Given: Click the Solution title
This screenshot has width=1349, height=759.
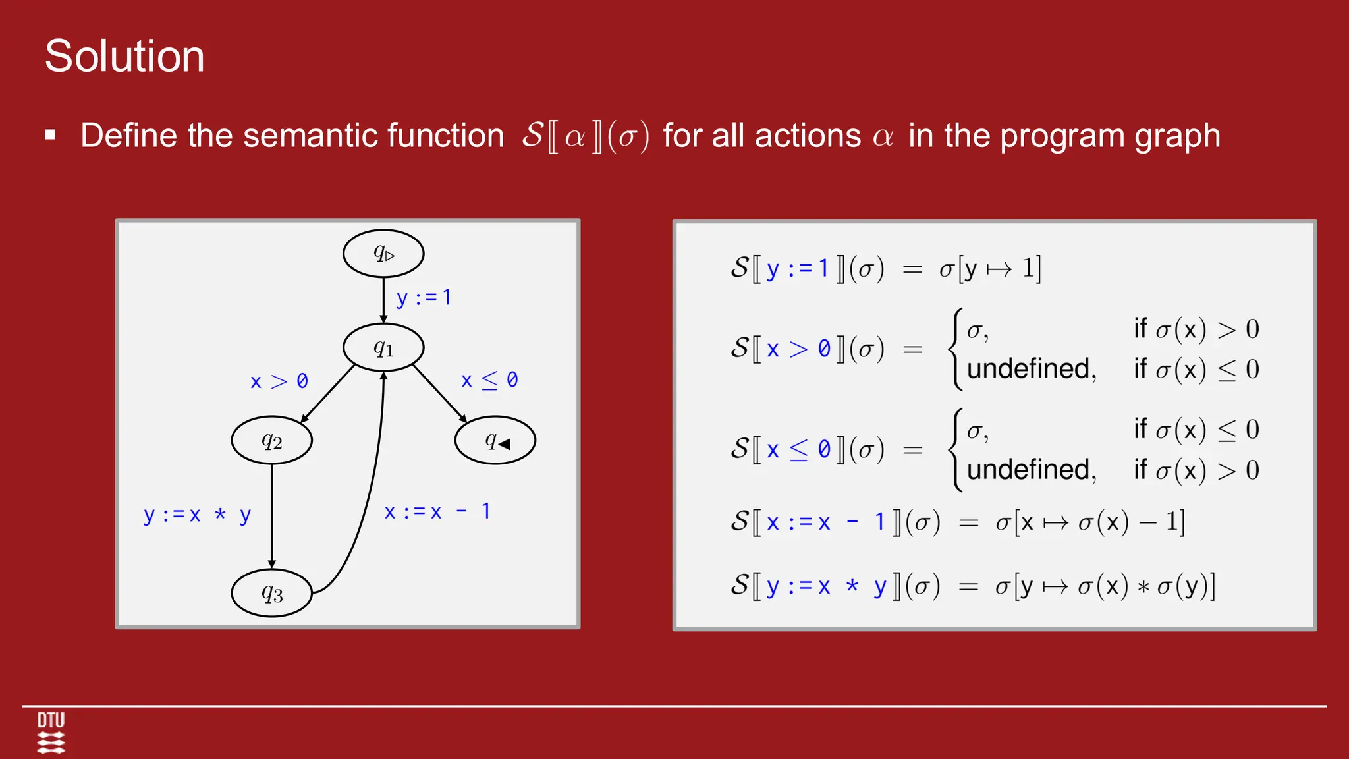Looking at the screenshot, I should point(124,56).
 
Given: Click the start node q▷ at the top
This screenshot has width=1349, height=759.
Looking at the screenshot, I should point(383,254).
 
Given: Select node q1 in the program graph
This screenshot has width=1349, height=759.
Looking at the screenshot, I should point(383,347).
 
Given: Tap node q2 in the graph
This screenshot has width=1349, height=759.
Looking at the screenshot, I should point(271,440).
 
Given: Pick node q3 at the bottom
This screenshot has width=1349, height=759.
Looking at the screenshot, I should point(271,593).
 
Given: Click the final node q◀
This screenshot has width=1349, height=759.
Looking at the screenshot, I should point(495,440).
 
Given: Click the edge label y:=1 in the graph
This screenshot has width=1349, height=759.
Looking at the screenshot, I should point(424,298).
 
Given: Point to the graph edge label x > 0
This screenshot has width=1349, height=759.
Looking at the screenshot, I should point(279,381).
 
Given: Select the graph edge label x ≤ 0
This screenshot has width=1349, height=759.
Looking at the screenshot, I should point(489,380).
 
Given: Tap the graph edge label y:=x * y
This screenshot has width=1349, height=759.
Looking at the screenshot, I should point(197,515).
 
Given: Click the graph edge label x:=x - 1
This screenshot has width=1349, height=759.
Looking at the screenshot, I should point(437,512).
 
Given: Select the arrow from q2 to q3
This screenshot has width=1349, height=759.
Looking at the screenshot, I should point(271,514).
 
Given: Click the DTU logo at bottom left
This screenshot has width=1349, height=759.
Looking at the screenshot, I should point(51,732).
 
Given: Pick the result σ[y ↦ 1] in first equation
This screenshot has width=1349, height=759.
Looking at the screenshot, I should point(990,269).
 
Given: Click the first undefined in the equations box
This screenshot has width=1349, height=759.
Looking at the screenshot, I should point(1031,369).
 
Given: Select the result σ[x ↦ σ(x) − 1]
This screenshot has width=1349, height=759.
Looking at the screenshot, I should point(1089,522).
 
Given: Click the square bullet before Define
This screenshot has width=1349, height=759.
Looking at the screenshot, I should point(50,136).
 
